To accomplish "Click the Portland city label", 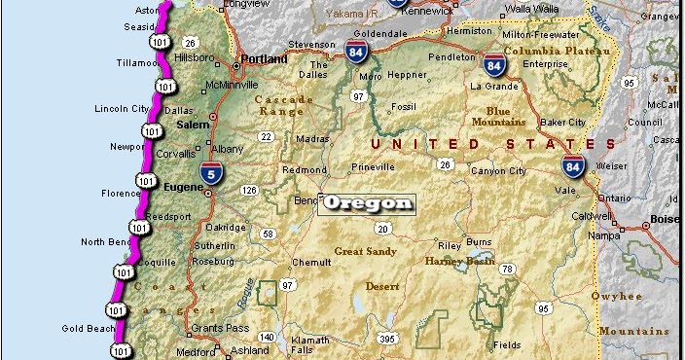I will pyautogui.click(x=266, y=57).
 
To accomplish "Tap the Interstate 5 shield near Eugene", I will pyautogui.click(x=212, y=173).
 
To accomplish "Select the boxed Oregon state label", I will pyautogui.click(x=369, y=203).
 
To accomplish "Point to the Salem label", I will pyautogui.click(x=194, y=125).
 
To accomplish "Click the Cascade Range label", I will pyautogui.click(x=284, y=105).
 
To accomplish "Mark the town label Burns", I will pyautogui.click(x=480, y=241).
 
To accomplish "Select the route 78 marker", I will pyautogui.click(x=506, y=269).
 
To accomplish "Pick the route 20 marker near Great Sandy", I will pyautogui.click(x=383, y=229).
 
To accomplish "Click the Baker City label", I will pyautogui.click(x=563, y=123).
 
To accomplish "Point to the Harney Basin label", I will pyautogui.click(x=459, y=261).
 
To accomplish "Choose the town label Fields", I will pyautogui.click(x=507, y=344).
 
